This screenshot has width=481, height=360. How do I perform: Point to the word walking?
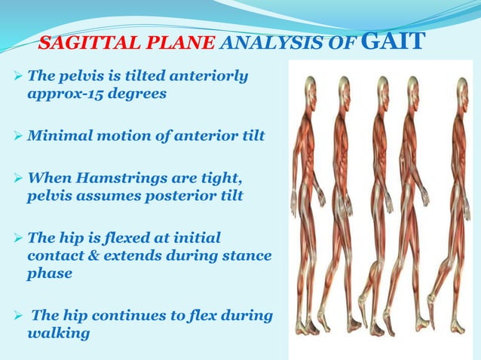[x=59, y=331]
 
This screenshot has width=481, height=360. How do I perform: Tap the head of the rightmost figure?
[x=461, y=85]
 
